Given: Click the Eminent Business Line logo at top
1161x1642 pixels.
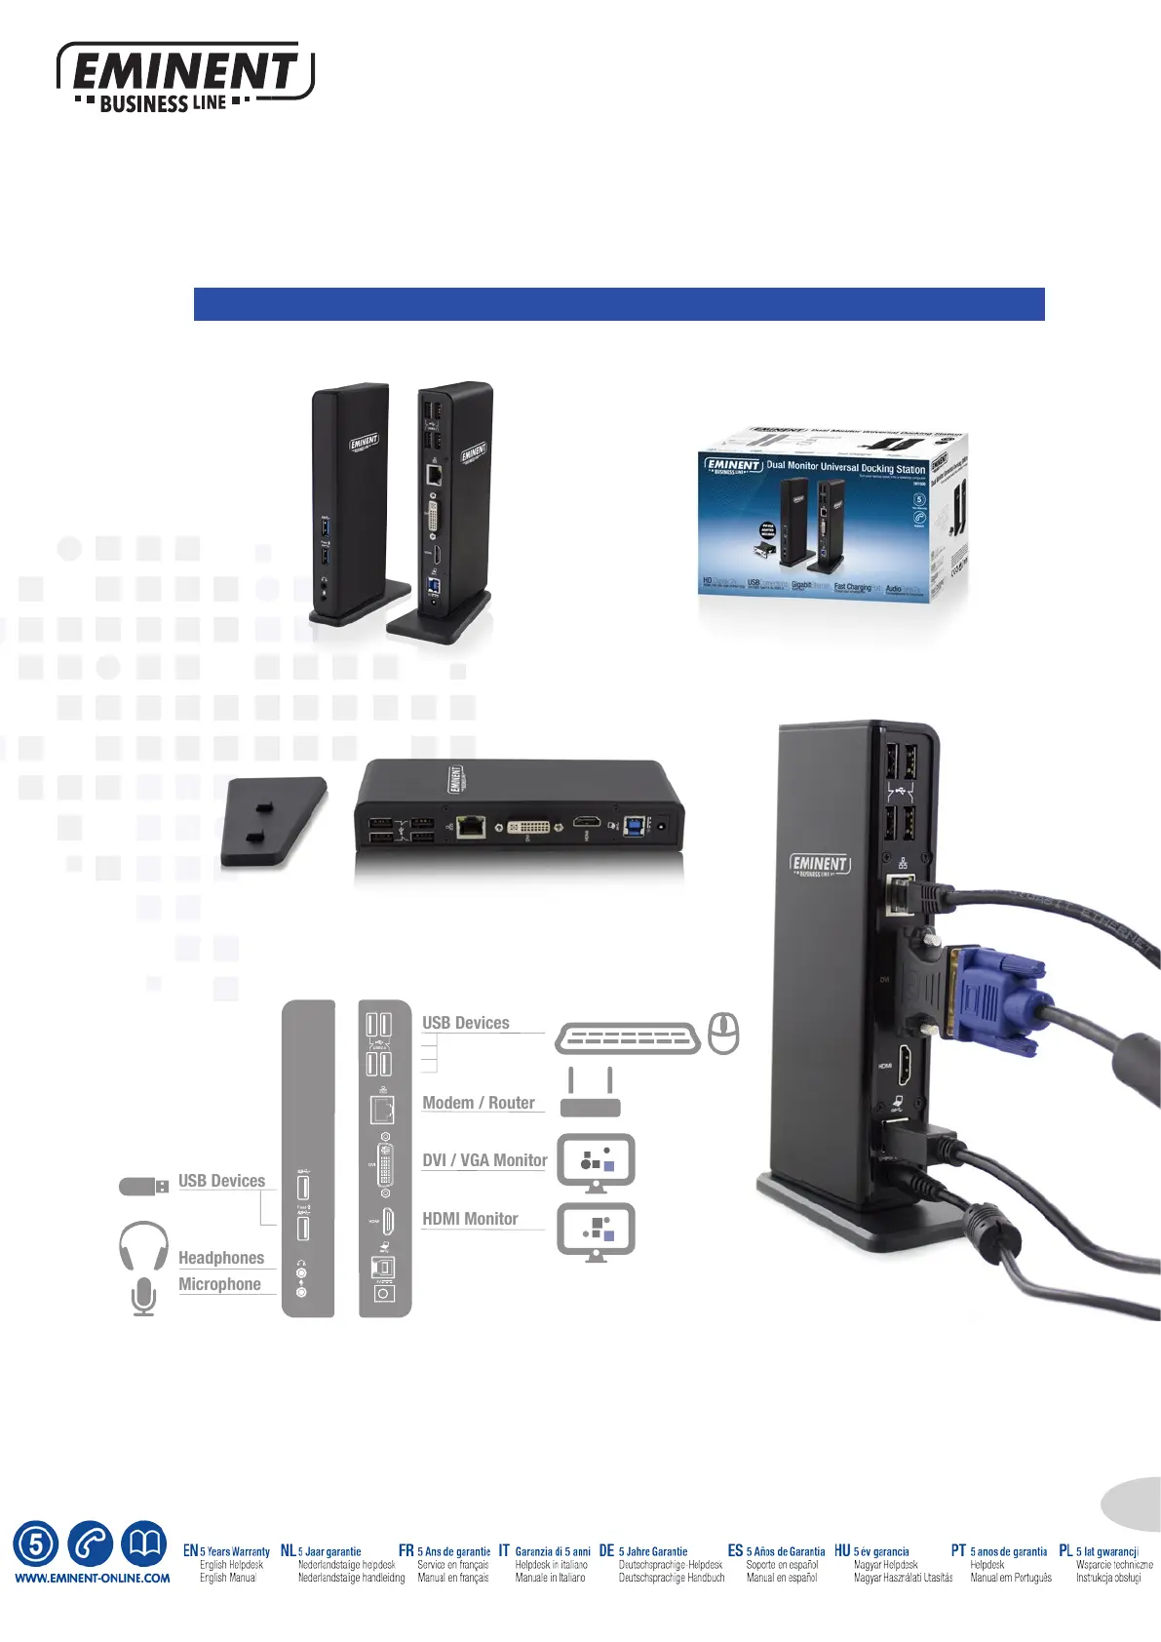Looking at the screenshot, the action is [185, 77].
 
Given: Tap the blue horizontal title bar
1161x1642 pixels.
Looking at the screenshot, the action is [619, 304].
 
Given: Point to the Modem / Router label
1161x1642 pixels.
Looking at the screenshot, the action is [479, 1103].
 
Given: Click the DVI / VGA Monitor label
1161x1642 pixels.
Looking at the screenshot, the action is [484, 1160].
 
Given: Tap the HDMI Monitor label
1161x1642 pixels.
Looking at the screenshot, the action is [470, 1219].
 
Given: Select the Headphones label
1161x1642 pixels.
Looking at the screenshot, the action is [221, 1258].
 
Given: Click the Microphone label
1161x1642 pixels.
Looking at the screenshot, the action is [219, 1284].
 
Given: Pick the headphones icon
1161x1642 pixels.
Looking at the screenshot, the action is [143, 1245].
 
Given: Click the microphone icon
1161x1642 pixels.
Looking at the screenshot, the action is [143, 1297].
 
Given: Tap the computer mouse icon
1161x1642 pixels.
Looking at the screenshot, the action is [723, 1034].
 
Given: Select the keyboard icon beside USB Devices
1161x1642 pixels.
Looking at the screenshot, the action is [628, 1039].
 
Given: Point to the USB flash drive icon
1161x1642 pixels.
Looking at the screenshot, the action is [143, 1186].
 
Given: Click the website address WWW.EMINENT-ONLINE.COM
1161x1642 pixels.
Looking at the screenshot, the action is [93, 1578].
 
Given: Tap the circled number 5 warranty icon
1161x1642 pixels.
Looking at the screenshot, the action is [35, 1544].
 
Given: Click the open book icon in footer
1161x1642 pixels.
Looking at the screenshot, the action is [144, 1544].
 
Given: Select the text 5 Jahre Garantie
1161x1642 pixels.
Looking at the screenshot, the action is [653, 1551].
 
